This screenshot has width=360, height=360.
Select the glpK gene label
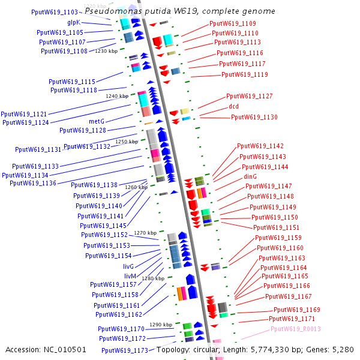click(x=74, y=22)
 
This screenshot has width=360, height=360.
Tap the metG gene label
click(x=97, y=121)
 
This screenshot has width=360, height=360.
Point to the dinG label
click(x=250, y=176)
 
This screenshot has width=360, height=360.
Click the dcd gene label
click(x=233, y=107)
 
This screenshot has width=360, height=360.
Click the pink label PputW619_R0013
click(x=296, y=329)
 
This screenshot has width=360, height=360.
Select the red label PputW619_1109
click(x=233, y=23)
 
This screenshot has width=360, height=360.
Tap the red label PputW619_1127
click(x=249, y=97)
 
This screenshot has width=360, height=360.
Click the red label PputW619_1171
click(x=292, y=319)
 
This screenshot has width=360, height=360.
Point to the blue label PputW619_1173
click(x=124, y=350)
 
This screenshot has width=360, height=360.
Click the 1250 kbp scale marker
click(x=127, y=142)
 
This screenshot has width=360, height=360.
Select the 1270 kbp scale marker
click(x=145, y=233)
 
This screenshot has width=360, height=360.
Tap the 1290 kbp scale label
click(x=161, y=325)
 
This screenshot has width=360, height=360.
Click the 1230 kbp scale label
click(x=106, y=52)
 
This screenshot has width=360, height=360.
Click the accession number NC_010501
click(x=67, y=349)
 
